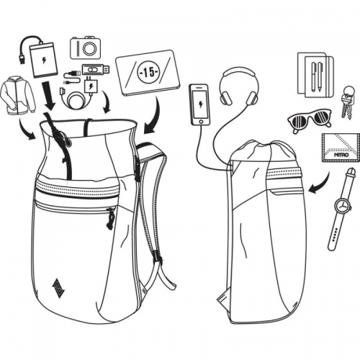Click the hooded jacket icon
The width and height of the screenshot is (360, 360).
point(18,96)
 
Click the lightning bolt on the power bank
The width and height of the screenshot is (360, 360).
point(44,60)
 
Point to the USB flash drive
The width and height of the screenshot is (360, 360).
point(96,69)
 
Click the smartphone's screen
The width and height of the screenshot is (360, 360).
point(201,104)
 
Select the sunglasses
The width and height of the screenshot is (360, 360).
point(310,120)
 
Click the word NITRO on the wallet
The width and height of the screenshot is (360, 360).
point(342,155)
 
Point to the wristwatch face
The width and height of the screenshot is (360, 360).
point(343,204)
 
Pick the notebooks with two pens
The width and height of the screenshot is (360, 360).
point(315,75)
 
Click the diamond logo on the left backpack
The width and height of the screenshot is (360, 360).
point(57,284)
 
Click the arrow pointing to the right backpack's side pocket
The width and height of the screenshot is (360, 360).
point(319,182)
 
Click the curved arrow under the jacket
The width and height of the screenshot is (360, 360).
point(26,129)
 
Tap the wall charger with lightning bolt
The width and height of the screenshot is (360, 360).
point(90,86)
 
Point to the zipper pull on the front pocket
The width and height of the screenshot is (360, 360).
point(110,218)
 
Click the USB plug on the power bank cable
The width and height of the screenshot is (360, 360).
point(22,59)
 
